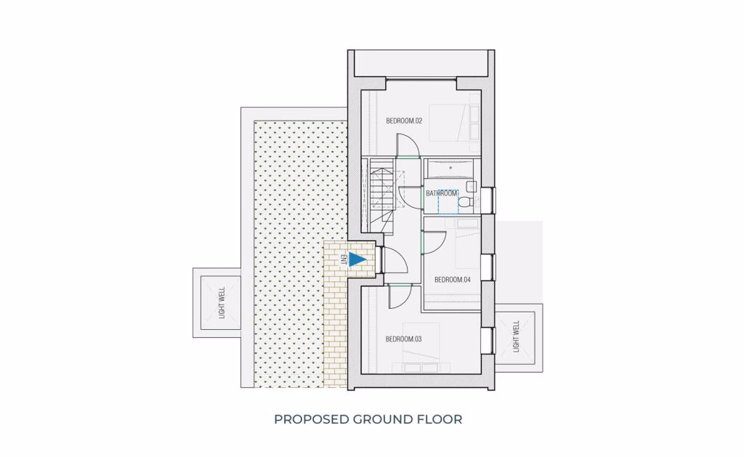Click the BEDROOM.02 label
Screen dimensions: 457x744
click(x=404, y=121)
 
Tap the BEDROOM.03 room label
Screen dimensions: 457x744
click(x=404, y=339)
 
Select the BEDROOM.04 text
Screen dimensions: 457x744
click(x=453, y=280)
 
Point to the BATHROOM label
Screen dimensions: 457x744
click(x=442, y=193)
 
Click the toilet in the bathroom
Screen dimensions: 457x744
click(x=470, y=198)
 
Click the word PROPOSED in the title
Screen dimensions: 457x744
click(x=311, y=419)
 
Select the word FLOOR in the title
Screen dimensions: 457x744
click(x=441, y=419)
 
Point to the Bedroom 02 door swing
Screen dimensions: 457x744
click(x=408, y=145)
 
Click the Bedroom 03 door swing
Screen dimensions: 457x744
click(x=400, y=294)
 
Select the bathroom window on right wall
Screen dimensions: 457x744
click(x=489, y=198)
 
